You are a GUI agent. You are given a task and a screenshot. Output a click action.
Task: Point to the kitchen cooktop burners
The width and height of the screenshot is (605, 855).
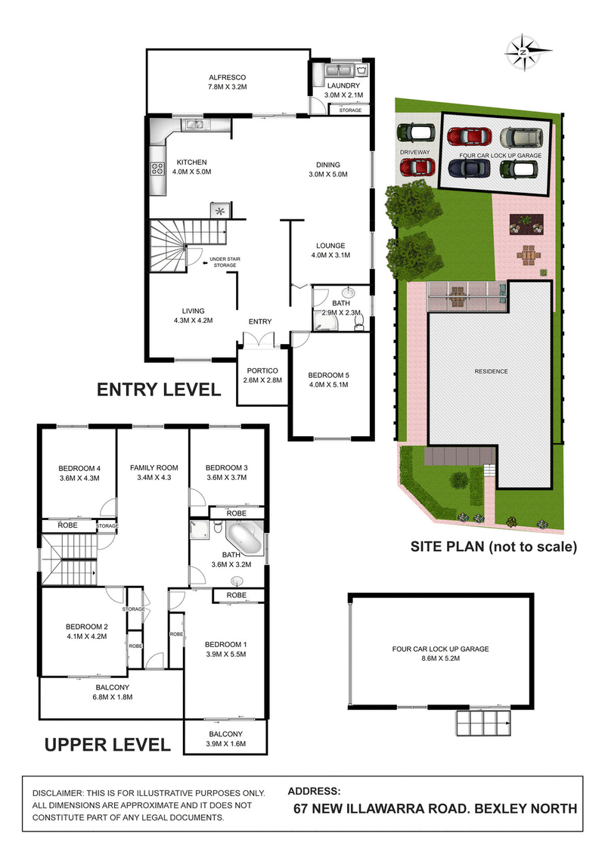coord(159,169)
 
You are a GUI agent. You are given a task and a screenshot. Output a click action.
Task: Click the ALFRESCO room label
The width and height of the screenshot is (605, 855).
coord(228,77)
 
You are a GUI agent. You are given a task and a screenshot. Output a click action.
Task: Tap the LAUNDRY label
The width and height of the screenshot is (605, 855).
coord(344,85)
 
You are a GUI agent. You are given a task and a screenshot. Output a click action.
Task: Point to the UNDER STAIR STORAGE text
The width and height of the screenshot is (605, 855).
coord(223,262)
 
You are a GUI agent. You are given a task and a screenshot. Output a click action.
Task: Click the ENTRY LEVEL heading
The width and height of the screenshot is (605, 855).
coord(158,390)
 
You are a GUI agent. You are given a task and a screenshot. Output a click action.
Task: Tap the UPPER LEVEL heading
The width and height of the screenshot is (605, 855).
coord(107,744)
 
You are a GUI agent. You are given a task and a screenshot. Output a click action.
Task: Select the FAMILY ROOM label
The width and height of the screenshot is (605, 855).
coord(153,467)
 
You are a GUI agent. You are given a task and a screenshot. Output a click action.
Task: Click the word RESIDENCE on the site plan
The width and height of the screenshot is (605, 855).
coord(491,371)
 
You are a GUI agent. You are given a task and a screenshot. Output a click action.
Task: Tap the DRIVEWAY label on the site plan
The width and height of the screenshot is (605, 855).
coord(414,152)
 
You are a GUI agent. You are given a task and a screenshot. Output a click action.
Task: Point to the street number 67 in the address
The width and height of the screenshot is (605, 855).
coord(302,808)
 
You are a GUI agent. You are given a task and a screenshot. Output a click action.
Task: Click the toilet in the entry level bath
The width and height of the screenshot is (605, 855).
coord(358,323)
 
